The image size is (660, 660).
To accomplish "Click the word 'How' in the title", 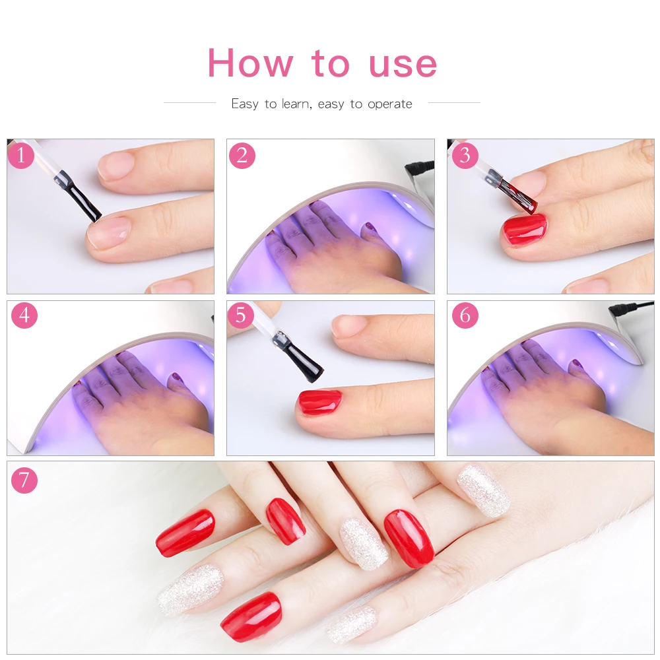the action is pos(250,63).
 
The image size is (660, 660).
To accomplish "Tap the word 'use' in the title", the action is pos(403,65).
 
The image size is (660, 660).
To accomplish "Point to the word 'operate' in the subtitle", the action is pos(390,104).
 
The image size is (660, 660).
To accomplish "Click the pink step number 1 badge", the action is pos(20,155).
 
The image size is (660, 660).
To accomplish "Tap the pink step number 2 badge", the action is pos(242,155).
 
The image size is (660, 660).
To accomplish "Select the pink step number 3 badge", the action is pos(465,155).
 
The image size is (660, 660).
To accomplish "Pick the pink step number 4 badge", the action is pos(24,315).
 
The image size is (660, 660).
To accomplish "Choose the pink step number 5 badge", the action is pos(240,315).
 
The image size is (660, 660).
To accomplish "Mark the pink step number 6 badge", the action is pos(465,315).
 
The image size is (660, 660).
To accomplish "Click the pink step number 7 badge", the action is pos(24,480).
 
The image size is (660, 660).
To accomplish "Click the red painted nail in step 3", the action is pos(525,230).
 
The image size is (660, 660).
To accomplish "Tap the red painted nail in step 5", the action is pos(320,402).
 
